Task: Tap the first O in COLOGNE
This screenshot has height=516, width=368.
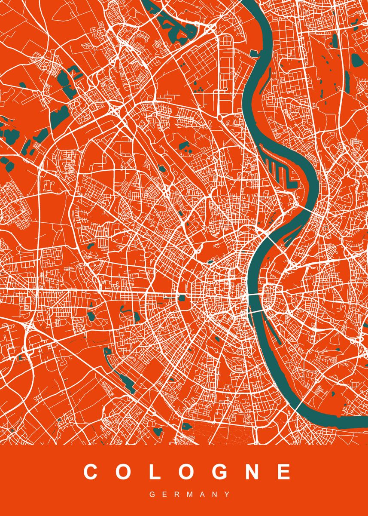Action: [x=122, y=472]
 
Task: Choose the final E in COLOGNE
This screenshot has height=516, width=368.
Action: [x=284, y=472]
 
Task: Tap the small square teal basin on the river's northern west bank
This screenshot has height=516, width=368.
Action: [x=254, y=53]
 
